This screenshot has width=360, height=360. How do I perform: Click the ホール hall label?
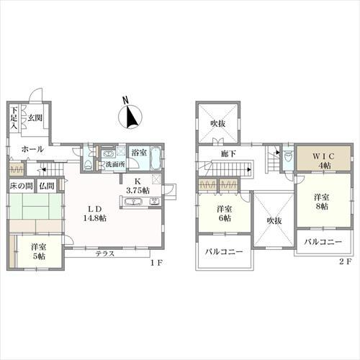tap(32, 149)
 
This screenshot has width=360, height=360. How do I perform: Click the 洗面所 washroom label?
tap(114, 164)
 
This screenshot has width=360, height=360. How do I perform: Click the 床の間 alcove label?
tap(20, 186)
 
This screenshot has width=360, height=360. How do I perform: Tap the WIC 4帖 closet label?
tap(316, 160)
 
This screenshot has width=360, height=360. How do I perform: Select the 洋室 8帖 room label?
tap(320, 201)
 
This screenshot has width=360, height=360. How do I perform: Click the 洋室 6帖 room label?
tap(224, 214)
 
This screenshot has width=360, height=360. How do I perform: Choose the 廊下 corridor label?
tap(229, 153)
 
